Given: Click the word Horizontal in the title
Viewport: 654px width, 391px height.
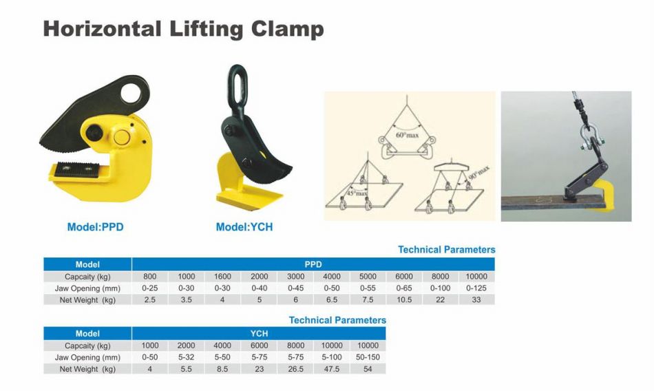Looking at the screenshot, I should click(101, 30).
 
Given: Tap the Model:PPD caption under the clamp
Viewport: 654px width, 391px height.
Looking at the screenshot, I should click(96, 226).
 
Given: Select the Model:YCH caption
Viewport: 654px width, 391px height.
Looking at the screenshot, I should click(244, 226).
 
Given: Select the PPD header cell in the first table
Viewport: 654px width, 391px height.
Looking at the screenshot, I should click(313, 264).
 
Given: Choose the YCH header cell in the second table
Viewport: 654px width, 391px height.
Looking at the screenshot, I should click(259, 334).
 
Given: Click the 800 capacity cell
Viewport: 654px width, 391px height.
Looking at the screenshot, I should click(150, 276).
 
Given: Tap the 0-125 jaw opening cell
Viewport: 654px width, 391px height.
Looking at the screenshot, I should click(476, 288).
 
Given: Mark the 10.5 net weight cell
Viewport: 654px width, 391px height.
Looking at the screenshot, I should click(404, 299).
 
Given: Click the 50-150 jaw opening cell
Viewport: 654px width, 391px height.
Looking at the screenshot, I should click(368, 357).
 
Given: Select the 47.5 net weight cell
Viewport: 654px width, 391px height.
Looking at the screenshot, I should click(332, 369).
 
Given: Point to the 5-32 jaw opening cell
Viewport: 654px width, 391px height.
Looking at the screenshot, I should click(187, 357).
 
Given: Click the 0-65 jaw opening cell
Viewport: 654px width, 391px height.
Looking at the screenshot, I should click(404, 288).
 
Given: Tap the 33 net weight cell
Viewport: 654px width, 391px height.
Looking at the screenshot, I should click(476, 299).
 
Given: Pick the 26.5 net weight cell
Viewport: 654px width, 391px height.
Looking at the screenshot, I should click(295, 369).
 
